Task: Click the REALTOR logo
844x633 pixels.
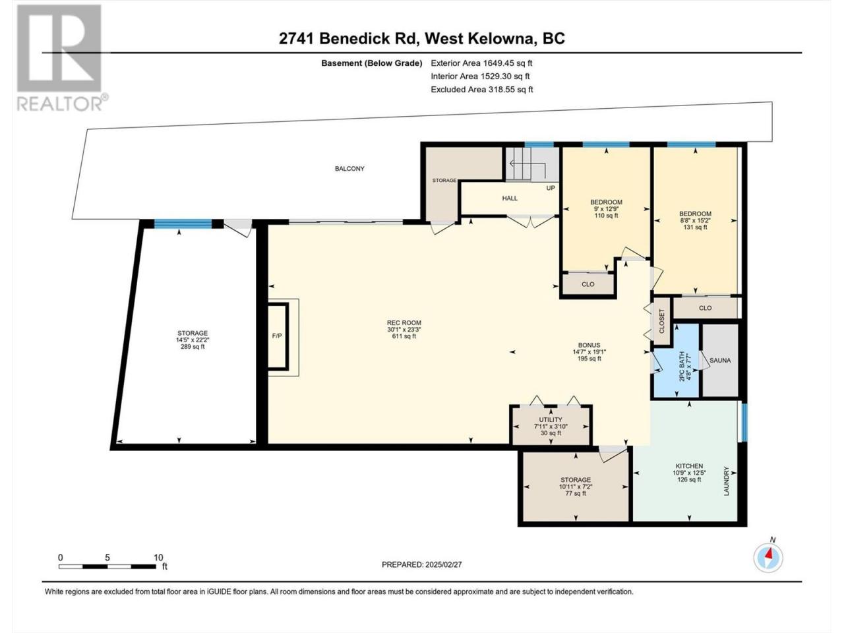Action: [x=59, y=57]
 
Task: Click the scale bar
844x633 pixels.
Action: [x=107, y=566]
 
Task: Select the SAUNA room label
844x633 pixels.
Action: [x=720, y=361]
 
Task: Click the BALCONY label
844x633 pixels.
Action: [x=349, y=168]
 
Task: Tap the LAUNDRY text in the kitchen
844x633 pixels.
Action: [x=727, y=481]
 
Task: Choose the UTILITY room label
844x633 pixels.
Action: [x=551, y=420]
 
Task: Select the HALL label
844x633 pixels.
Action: [x=510, y=198]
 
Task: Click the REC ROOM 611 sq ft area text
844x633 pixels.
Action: [x=404, y=336]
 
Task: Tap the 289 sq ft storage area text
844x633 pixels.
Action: [x=193, y=347]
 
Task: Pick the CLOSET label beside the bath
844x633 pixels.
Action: [x=661, y=321]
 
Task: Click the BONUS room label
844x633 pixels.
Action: [x=589, y=345]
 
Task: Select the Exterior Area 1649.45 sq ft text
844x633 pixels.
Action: [x=481, y=63]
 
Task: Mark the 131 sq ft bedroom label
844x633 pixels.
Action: [x=695, y=227]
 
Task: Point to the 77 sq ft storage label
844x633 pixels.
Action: [x=576, y=493]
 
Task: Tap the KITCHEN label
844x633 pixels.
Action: [x=690, y=466]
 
